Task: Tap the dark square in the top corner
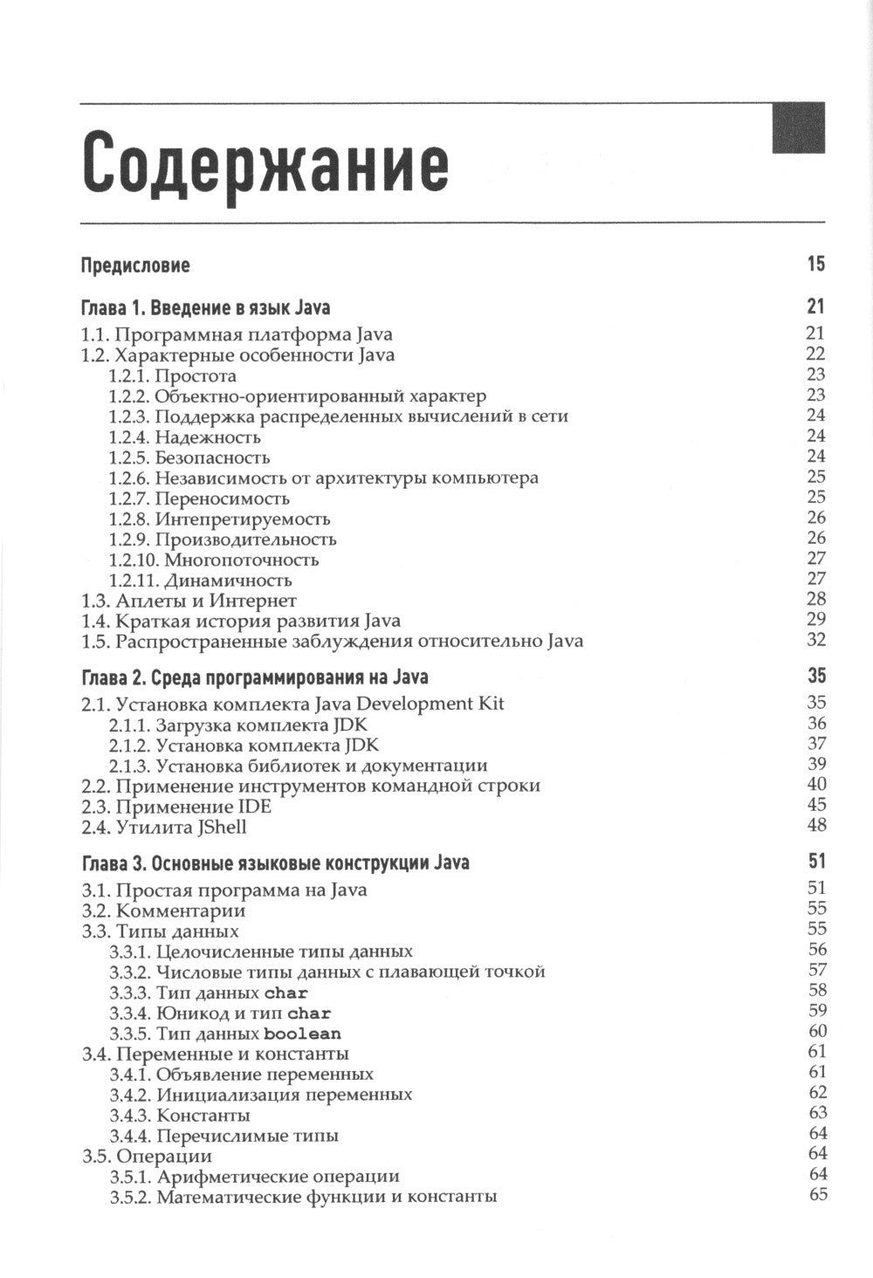pos(798,127)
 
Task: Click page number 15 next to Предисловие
pos(815,264)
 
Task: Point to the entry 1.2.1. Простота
pos(173,376)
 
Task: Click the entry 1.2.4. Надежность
pos(185,437)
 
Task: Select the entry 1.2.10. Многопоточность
pos(214,560)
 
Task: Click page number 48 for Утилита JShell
pos(816,825)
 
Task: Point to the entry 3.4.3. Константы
pos(180,1116)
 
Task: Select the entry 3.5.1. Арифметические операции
pos(255,1177)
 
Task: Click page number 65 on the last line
pos(817,1195)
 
